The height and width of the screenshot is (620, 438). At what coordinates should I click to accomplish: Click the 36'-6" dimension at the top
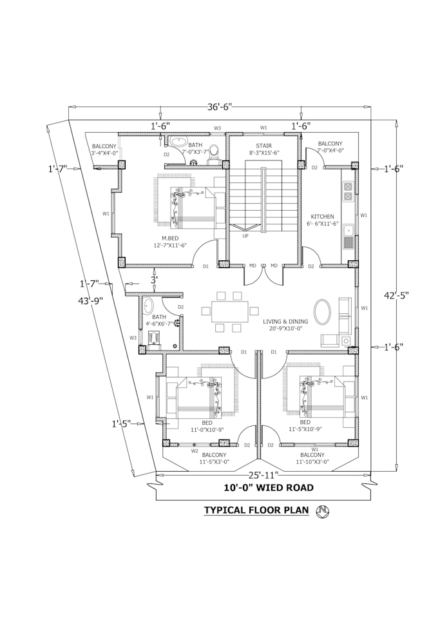point(219,106)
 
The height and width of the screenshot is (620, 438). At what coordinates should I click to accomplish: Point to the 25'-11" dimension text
point(263,476)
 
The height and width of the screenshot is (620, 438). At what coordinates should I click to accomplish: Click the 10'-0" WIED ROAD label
point(269,488)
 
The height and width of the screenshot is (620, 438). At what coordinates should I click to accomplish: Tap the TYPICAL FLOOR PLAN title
point(256,510)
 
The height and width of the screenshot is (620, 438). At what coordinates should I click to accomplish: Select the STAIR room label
point(263,146)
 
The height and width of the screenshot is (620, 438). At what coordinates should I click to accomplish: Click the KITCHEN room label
point(323,217)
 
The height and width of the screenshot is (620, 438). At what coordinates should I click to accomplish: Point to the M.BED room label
point(171,238)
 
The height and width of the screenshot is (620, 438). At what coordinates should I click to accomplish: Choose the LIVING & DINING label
point(285,322)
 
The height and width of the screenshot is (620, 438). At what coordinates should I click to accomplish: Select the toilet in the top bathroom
point(214,151)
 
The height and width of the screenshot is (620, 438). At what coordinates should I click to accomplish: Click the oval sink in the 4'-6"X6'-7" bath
point(149,305)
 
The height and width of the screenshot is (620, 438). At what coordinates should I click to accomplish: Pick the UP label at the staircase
point(245,237)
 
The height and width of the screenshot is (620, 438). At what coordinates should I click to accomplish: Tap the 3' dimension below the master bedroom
point(153,280)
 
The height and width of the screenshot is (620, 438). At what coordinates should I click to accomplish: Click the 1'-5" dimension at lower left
point(121,423)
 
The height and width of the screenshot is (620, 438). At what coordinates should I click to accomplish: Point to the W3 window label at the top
point(218,128)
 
